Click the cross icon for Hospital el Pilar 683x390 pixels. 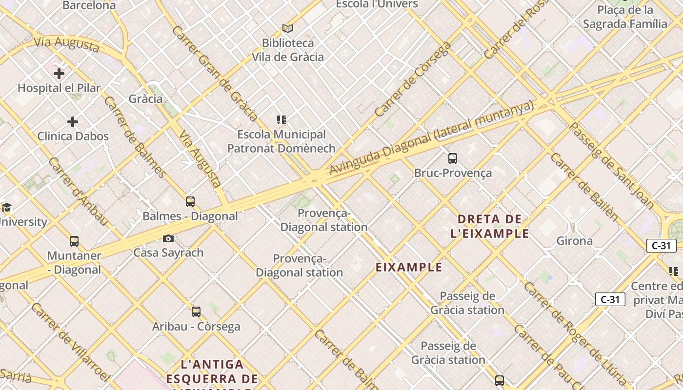59,74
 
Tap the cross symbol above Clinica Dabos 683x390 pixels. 73,121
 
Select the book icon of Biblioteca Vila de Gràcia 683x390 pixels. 288,28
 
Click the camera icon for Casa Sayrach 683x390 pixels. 168,238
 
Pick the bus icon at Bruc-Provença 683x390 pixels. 453,158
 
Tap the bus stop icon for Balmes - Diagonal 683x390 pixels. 190,202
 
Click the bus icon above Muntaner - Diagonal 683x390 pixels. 74,241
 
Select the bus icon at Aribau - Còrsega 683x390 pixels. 196,312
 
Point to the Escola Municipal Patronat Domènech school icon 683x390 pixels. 281,120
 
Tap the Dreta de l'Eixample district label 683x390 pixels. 490,226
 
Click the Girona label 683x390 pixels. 575,241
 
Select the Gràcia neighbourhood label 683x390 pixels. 145,99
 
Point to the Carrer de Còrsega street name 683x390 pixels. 413,79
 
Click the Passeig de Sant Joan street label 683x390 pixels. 612,166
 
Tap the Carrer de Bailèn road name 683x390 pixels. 584,187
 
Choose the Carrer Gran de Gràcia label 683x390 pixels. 215,73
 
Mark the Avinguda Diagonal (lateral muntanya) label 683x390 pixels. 431,138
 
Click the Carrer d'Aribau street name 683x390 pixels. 78,192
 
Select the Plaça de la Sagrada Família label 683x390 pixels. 625,17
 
